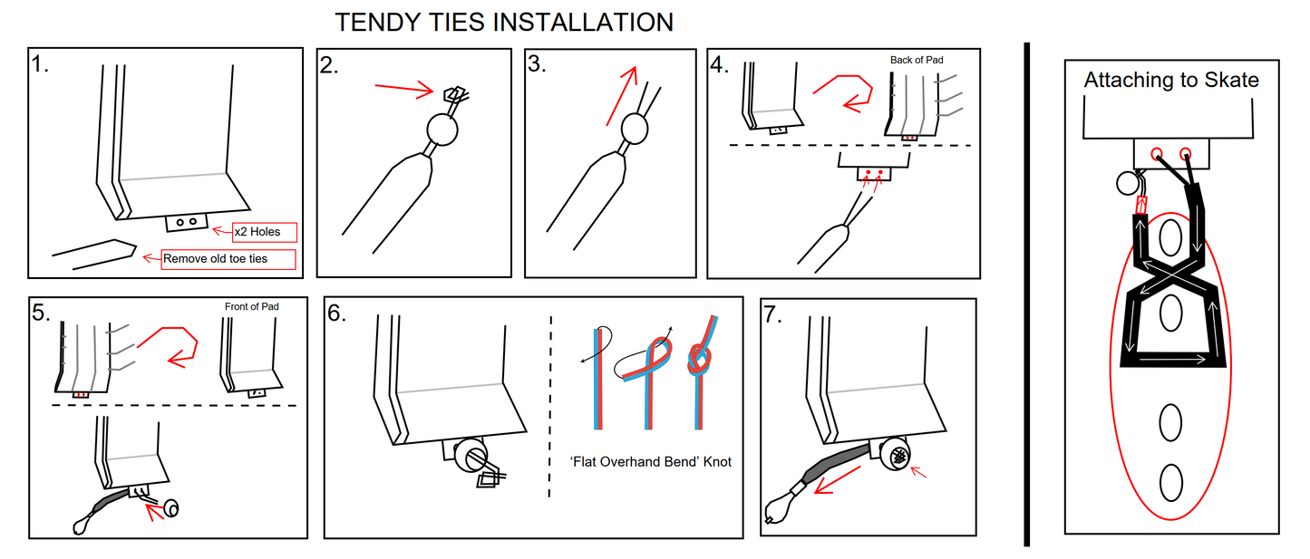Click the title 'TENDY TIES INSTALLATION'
tap(504, 23)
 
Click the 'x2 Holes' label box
tap(265, 232)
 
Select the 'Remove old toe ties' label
tap(228, 259)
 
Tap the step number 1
tap(39, 63)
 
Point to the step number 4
tap(719, 64)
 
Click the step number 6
tap(337, 313)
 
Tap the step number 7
tap(772, 314)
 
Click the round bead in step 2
tap(442, 130)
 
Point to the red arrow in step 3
tap(622, 95)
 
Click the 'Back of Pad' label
tap(917, 60)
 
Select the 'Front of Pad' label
tap(251, 306)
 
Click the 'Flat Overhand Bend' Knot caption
tap(650, 462)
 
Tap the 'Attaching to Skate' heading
tap(1171, 80)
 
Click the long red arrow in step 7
tap(838, 480)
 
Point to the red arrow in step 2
tap(404, 89)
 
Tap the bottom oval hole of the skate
tap(1170, 482)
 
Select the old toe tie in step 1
tap(95, 255)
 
